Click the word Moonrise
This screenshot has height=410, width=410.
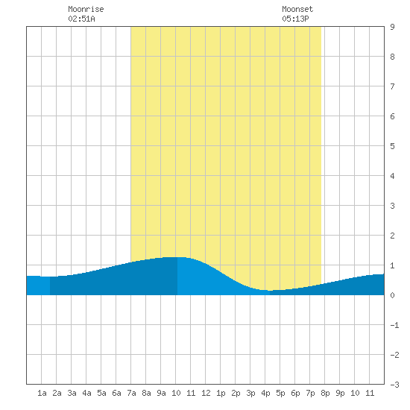click(86, 9)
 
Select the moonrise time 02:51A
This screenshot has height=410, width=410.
click(81, 19)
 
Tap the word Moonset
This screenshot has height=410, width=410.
click(297, 9)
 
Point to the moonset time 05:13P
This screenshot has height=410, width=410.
click(295, 19)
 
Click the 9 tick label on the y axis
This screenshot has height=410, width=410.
click(392, 27)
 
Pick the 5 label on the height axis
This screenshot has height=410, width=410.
click(392, 146)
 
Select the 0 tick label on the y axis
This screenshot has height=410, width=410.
click(392, 295)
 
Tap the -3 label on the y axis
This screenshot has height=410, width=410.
click(394, 385)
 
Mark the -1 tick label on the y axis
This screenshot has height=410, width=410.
click(394, 325)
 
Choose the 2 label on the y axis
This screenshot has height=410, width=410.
click(392, 236)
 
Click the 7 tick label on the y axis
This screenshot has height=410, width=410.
click(392, 86)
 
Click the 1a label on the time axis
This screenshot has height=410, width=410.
click(42, 393)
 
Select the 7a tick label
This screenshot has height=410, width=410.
click(131, 393)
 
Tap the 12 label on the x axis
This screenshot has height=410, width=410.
click(206, 393)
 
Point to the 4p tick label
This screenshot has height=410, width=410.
click(265, 393)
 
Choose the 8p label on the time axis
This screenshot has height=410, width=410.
click(325, 393)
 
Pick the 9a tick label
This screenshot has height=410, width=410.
click(161, 393)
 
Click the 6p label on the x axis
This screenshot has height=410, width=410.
click(295, 393)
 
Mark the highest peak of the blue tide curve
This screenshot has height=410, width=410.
click(174, 257)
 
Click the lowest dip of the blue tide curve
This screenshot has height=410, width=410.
click(270, 290)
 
